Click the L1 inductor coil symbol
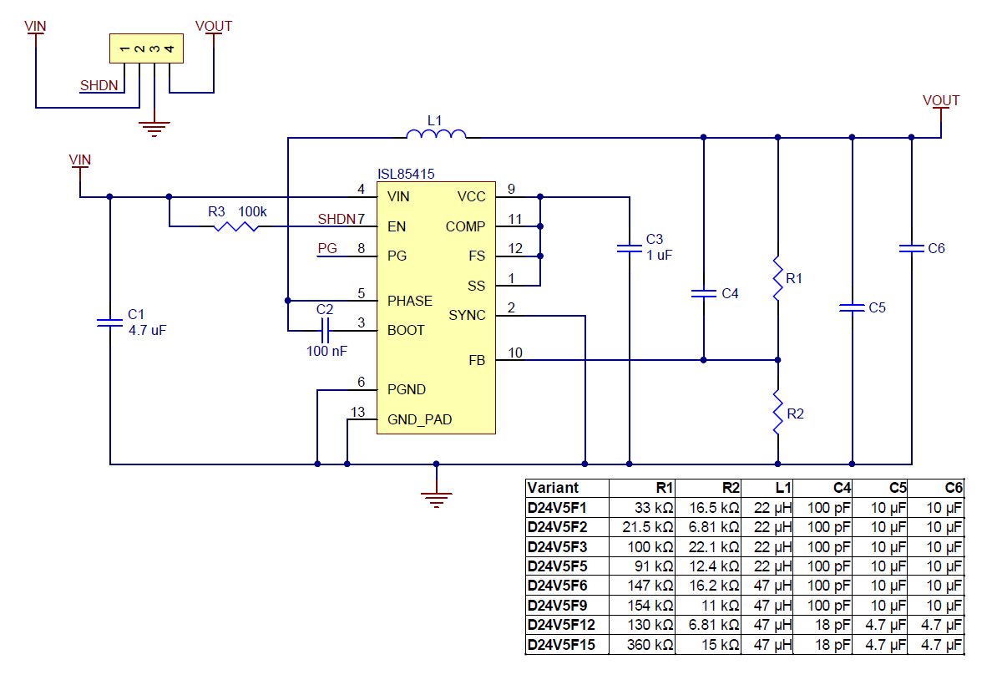pyautogui.click(x=436, y=134)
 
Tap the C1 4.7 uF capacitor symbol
pyautogui.click(x=109, y=322)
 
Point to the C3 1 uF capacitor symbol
pyautogui.click(x=630, y=248)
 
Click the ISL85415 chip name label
pyautogui.click(x=406, y=174)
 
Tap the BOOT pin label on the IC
pyautogui.click(x=406, y=331)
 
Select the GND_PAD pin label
pyautogui.click(x=419, y=419)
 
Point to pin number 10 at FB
pyautogui.click(x=515, y=353)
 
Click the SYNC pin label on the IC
pyautogui.click(x=467, y=315)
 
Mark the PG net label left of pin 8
pyautogui.click(x=327, y=249)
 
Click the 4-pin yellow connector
pyautogui.click(x=146, y=48)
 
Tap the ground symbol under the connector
pyautogui.click(x=154, y=128)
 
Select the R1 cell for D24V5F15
pyautogui.click(x=644, y=645)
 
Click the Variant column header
pyautogui.click(x=553, y=488)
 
